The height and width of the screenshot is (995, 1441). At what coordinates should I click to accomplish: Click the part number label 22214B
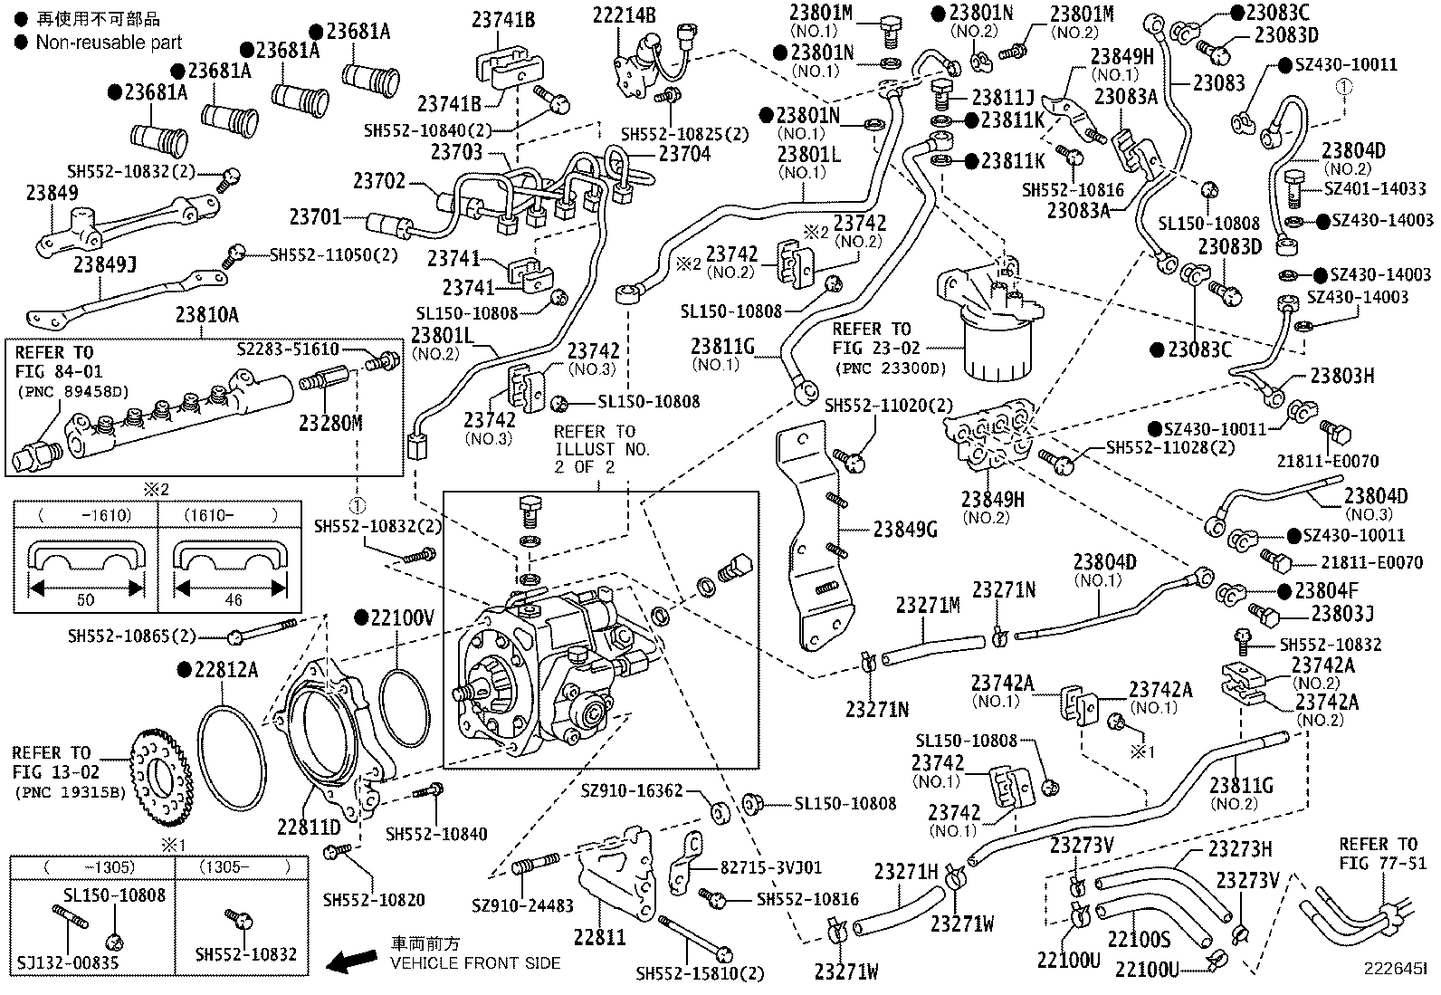625,14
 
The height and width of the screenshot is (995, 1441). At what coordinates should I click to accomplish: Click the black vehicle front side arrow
353,962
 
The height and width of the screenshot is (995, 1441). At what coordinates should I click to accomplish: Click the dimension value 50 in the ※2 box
86,599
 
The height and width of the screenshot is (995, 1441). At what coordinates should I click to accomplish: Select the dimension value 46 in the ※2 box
233,599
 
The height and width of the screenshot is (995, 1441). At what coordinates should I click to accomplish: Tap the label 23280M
330,423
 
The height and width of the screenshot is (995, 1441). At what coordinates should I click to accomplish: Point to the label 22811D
309,827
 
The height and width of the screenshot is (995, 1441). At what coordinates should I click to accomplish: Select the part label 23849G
905,530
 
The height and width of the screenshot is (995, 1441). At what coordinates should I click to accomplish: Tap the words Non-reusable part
109,42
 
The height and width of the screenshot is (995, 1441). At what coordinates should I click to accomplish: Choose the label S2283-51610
288,349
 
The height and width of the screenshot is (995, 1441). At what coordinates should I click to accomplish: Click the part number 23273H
1240,848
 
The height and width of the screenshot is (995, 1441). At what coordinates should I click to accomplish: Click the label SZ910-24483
522,904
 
